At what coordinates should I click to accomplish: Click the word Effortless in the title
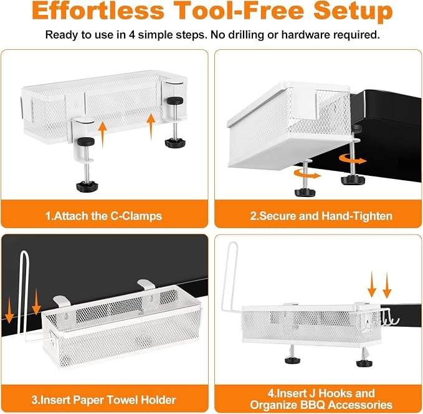98,11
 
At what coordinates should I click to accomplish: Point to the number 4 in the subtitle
131,35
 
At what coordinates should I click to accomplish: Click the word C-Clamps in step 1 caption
136,216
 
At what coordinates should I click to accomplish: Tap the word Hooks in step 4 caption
335,393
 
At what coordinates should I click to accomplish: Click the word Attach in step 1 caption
71,216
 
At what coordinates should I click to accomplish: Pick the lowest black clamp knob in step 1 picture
87,186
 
